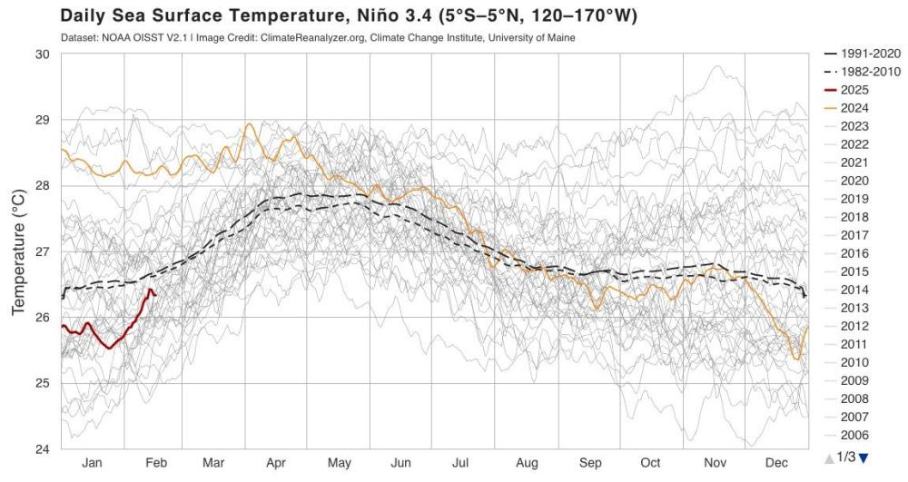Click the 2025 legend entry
click(x=854, y=90)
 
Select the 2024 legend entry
click(x=854, y=108)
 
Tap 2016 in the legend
click(x=854, y=253)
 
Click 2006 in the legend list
click(x=854, y=435)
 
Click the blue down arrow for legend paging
click(x=864, y=457)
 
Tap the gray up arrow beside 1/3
click(x=829, y=457)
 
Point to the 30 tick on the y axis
click(x=42, y=54)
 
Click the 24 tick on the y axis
click(x=42, y=448)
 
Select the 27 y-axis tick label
click(x=42, y=251)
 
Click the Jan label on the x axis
click(x=92, y=463)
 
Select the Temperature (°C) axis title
click(x=17, y=251)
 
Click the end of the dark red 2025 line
click(x=155, y=293)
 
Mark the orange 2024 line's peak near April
click(x=248, y=124)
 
